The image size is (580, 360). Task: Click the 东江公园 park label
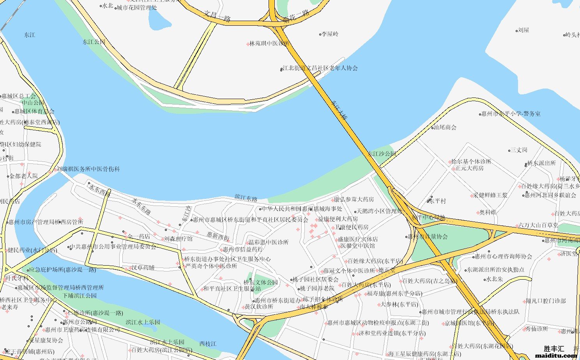point(94,42)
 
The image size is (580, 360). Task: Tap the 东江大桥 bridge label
point(340,110)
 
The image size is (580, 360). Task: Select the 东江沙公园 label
point(382,154)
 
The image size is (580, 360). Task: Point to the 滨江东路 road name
point(246,198)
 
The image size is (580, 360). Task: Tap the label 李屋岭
point(330,34)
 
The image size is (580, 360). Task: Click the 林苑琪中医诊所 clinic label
point(269,43)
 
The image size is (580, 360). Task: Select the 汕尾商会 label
point(445,127)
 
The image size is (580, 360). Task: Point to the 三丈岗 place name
point(519,150)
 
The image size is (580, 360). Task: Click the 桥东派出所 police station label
point(541,163)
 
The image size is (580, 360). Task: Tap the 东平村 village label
point(438,201)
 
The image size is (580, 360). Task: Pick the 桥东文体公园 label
point(261,282)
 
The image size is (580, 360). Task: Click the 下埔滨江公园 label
point(80,296)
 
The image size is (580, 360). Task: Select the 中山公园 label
point(33,103)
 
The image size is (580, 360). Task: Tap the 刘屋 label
point(523,30)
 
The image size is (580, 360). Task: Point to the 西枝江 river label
point(208,344)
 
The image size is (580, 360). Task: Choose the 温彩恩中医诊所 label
point(269,242)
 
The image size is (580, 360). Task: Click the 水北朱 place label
point(495,279)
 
